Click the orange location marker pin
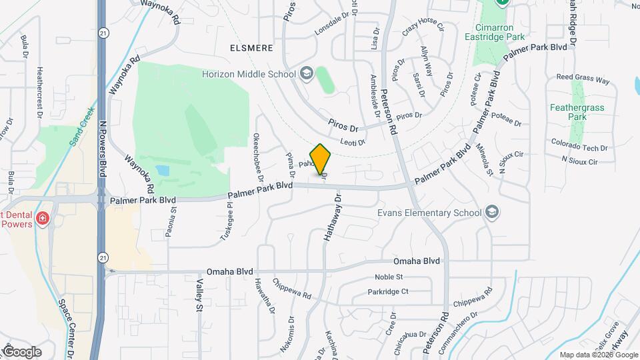321,159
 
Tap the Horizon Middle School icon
307,73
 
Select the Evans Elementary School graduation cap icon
492,213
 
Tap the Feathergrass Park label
569,111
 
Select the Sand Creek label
82,126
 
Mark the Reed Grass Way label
583,79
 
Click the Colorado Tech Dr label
579,148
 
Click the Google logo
21,351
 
